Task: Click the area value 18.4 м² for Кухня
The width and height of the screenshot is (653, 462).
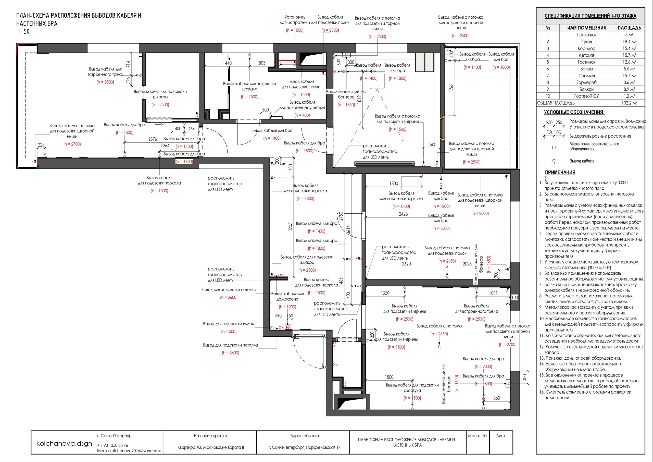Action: coord(629,42)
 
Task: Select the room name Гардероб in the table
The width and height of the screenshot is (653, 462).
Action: coord(586,82)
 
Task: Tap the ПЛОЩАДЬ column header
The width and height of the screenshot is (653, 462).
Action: coord(629,28)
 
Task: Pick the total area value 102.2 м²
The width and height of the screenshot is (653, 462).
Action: coord(629,103)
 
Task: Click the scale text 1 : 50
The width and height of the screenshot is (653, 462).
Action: coord(24,32)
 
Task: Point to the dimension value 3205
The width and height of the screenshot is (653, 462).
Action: coord(290,227)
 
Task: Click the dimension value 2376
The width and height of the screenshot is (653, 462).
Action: coord(153,139)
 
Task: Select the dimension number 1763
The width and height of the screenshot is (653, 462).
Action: coord(451,88)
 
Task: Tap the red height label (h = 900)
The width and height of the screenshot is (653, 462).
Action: coord(302,115)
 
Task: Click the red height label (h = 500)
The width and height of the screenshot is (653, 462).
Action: coord(229,332)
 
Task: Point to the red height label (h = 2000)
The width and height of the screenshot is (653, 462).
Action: coord(483,367)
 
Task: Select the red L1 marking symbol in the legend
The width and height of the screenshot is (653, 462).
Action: coord(554,148)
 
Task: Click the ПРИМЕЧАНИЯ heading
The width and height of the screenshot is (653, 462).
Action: coord(560,173)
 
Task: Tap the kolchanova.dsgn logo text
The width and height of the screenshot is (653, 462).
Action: coord(64,444)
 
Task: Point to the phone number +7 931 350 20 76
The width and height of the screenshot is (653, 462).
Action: coord(113,445)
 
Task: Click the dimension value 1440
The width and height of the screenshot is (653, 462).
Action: coord(227,63)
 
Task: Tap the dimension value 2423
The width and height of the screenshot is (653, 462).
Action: coord(403,214)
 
